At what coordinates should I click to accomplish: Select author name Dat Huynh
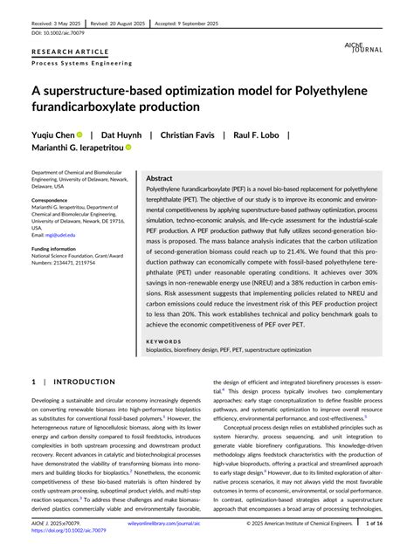point(121,135)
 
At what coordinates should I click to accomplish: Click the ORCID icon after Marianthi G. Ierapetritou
point(128,148)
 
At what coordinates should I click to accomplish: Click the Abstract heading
point(165,177)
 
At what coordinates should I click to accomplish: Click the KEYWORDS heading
point(164,341)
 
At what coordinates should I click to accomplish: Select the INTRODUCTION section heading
point(79,382)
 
